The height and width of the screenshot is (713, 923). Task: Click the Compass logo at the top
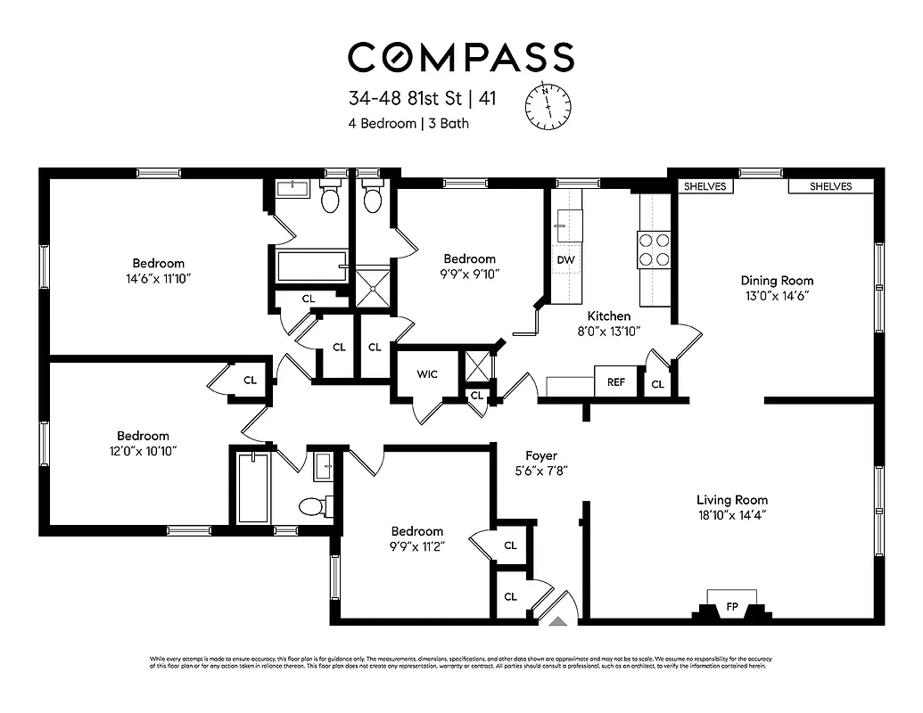(460, 56)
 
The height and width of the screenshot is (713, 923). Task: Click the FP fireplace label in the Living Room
(732, 607)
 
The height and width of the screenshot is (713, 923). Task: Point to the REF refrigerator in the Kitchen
(616, 382)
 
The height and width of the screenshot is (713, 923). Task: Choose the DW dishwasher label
(565, 259)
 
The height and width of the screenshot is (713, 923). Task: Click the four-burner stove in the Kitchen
(653, 250)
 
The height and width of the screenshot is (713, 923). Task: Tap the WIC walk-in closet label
(426, 375)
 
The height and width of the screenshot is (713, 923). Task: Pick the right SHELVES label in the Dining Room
(830, 186)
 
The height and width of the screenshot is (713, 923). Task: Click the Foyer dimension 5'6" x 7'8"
(541, 470)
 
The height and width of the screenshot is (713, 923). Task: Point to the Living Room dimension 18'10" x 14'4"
(732, 515)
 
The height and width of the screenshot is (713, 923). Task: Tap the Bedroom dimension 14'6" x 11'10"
(159, 278)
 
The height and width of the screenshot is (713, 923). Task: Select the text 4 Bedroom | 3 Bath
(408, 123)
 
